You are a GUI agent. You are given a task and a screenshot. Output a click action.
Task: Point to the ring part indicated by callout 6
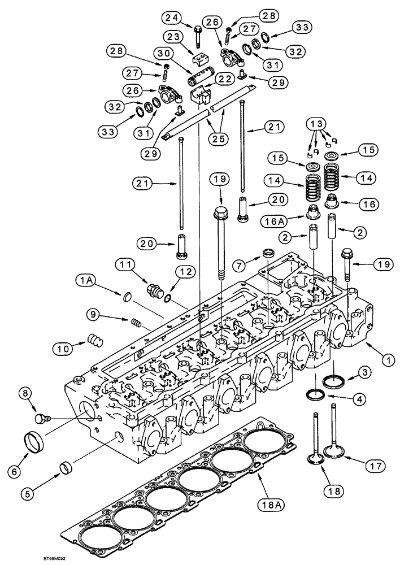(x=37, y=439)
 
